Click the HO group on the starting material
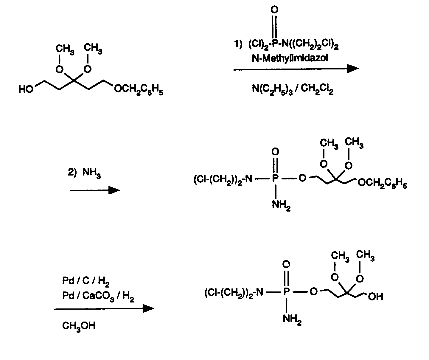coord(26,89)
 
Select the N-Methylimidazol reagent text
coord(290,58)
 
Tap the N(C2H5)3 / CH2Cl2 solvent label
coord(293,89)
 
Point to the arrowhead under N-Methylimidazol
coord(352,69)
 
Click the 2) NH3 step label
coord(84,173)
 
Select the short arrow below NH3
coord(95,190)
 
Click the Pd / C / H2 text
coord(86,281)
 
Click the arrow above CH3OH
coord(104,309)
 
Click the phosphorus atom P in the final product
coord(286,291)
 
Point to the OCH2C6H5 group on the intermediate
coord(382,183)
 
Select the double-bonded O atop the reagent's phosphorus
coord(274,10)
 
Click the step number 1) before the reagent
coord(238,44)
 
